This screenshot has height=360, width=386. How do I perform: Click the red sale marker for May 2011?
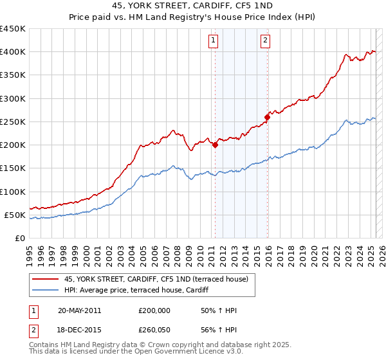click(215, 145)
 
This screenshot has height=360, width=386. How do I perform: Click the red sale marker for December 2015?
click(267, 117)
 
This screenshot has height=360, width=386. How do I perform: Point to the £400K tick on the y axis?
click(13, 52)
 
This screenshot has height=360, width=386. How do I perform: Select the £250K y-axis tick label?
click(13, 122)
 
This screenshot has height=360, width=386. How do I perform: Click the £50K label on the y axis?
click(15, 215)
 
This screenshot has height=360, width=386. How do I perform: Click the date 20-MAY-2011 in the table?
click(79, 310)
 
